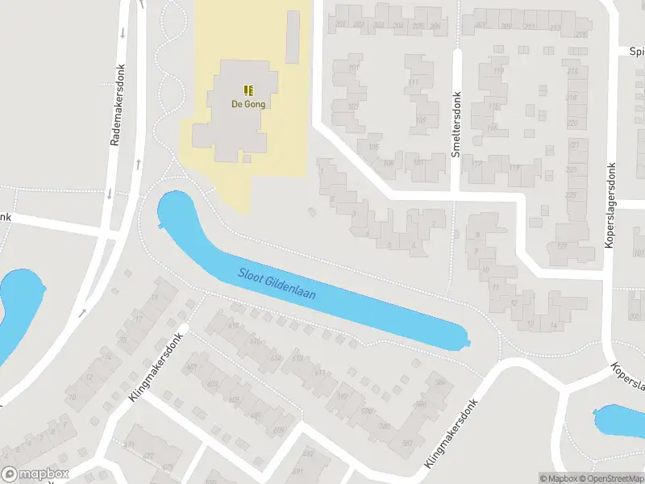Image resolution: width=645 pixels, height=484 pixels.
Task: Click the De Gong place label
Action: (248, 104)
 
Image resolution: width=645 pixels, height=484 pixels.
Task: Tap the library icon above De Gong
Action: (248, 90)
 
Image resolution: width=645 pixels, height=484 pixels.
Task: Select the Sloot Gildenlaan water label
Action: (277, 284)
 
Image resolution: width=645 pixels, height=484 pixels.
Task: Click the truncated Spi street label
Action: (636, 51)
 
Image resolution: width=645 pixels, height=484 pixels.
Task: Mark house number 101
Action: (353, 68)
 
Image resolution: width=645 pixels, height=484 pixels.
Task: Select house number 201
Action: (341, 26)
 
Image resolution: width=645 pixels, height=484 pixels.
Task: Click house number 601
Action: (192, 368)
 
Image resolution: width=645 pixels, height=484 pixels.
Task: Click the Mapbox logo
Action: (35, 474)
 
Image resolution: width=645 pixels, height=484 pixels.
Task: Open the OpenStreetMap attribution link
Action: (610, 478)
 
